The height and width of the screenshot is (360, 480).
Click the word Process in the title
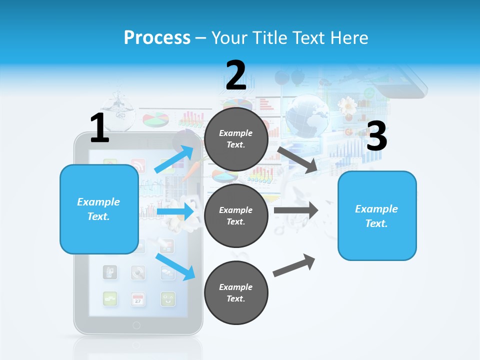coord(157,37)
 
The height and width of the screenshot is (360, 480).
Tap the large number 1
coord(99,128)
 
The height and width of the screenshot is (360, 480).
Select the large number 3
coord(376,136)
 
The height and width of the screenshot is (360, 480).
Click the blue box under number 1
coord(99,209)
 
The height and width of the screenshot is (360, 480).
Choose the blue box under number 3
coord(377,215)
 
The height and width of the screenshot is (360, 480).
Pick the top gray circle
coord(236,139)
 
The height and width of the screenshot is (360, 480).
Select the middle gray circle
coord(236,215)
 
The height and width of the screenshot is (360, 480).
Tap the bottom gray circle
coord(236,292)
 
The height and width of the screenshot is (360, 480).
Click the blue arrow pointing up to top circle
coord(174,159)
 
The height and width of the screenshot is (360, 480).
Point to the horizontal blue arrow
coord(175,211)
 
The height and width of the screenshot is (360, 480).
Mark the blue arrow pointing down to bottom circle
coord(175,266)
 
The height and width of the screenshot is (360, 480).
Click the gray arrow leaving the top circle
coord(297,159)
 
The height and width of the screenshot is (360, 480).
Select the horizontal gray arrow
coord(295,210)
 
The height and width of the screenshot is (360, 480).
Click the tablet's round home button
coord(136,325)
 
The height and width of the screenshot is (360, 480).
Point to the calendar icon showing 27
coord(138,299)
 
